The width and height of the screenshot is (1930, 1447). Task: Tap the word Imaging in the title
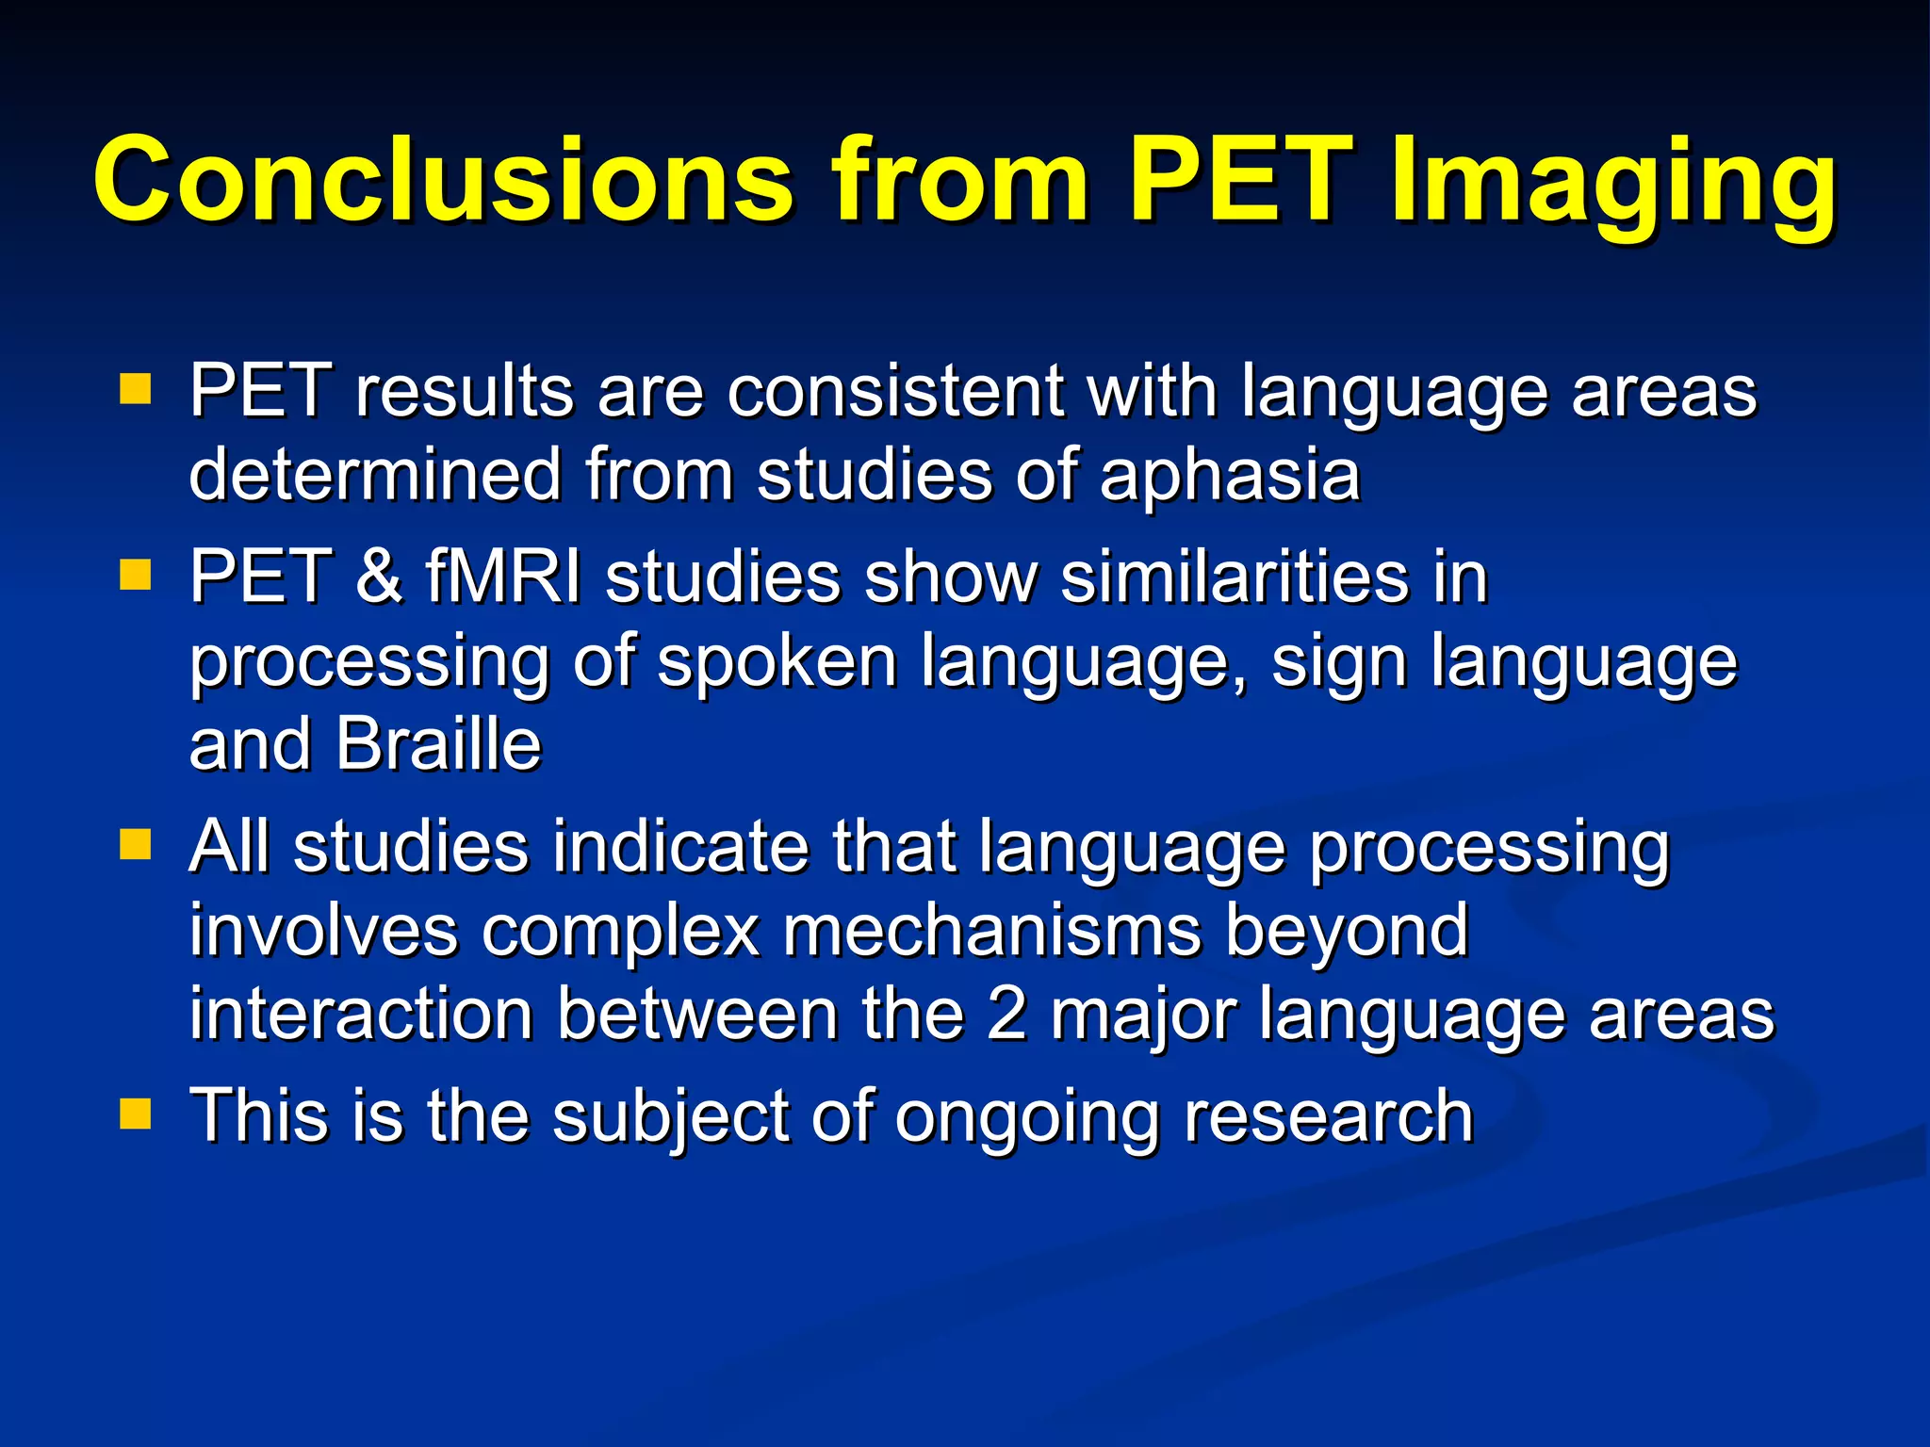[x=1612, y=184]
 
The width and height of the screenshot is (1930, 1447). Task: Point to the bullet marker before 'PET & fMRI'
[x=136, y=574]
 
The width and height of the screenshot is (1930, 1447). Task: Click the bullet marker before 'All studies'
[x=136, y=844]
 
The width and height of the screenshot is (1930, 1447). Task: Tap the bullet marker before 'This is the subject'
[x=136, y=1114]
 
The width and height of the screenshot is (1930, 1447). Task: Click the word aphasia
[x=1230, y=476]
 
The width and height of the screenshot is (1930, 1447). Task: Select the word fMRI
[x=502, y=577]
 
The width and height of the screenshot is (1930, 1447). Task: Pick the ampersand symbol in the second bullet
[x=379, y=577]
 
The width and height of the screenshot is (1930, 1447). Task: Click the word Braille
[x=438, y=744]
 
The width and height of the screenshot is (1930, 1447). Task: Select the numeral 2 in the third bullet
[x=1006, y=1015]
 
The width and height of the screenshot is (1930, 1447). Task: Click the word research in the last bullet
[x=1328, y=1116]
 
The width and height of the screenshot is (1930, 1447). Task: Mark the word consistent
[x=895, y=391]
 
